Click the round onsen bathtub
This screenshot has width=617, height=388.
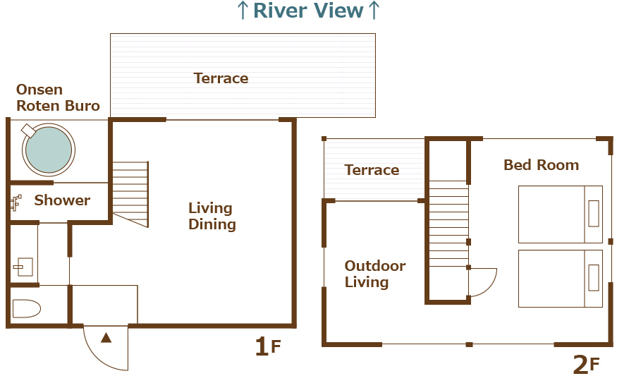click(49, 150)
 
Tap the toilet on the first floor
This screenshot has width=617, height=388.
click(27, 309)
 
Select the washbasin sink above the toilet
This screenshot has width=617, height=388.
click(23, 267)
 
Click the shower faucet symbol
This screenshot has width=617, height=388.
click(16, 202)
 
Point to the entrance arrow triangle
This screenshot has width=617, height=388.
click(106, 338)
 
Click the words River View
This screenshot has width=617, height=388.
click(308, 11)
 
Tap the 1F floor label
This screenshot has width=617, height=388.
click(268, 346)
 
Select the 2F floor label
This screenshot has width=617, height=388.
click(586, 365)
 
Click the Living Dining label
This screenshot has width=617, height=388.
click(212, 216)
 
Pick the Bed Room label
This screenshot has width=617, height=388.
click(542, 165)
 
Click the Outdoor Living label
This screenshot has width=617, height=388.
click(375, 274)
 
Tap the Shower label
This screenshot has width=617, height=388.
click(62, 200)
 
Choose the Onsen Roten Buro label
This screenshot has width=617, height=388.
click(58, 97)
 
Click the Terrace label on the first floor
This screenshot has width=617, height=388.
click(221, 78)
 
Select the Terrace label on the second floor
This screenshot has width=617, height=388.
click(372, 170)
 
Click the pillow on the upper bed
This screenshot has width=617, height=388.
click(594, 214)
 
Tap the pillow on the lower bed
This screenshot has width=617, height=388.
click(594, 278)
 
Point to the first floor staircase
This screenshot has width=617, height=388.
click(130, 195)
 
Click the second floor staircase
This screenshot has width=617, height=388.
click(448, 224)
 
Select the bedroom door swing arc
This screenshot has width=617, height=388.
click(491, 286)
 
